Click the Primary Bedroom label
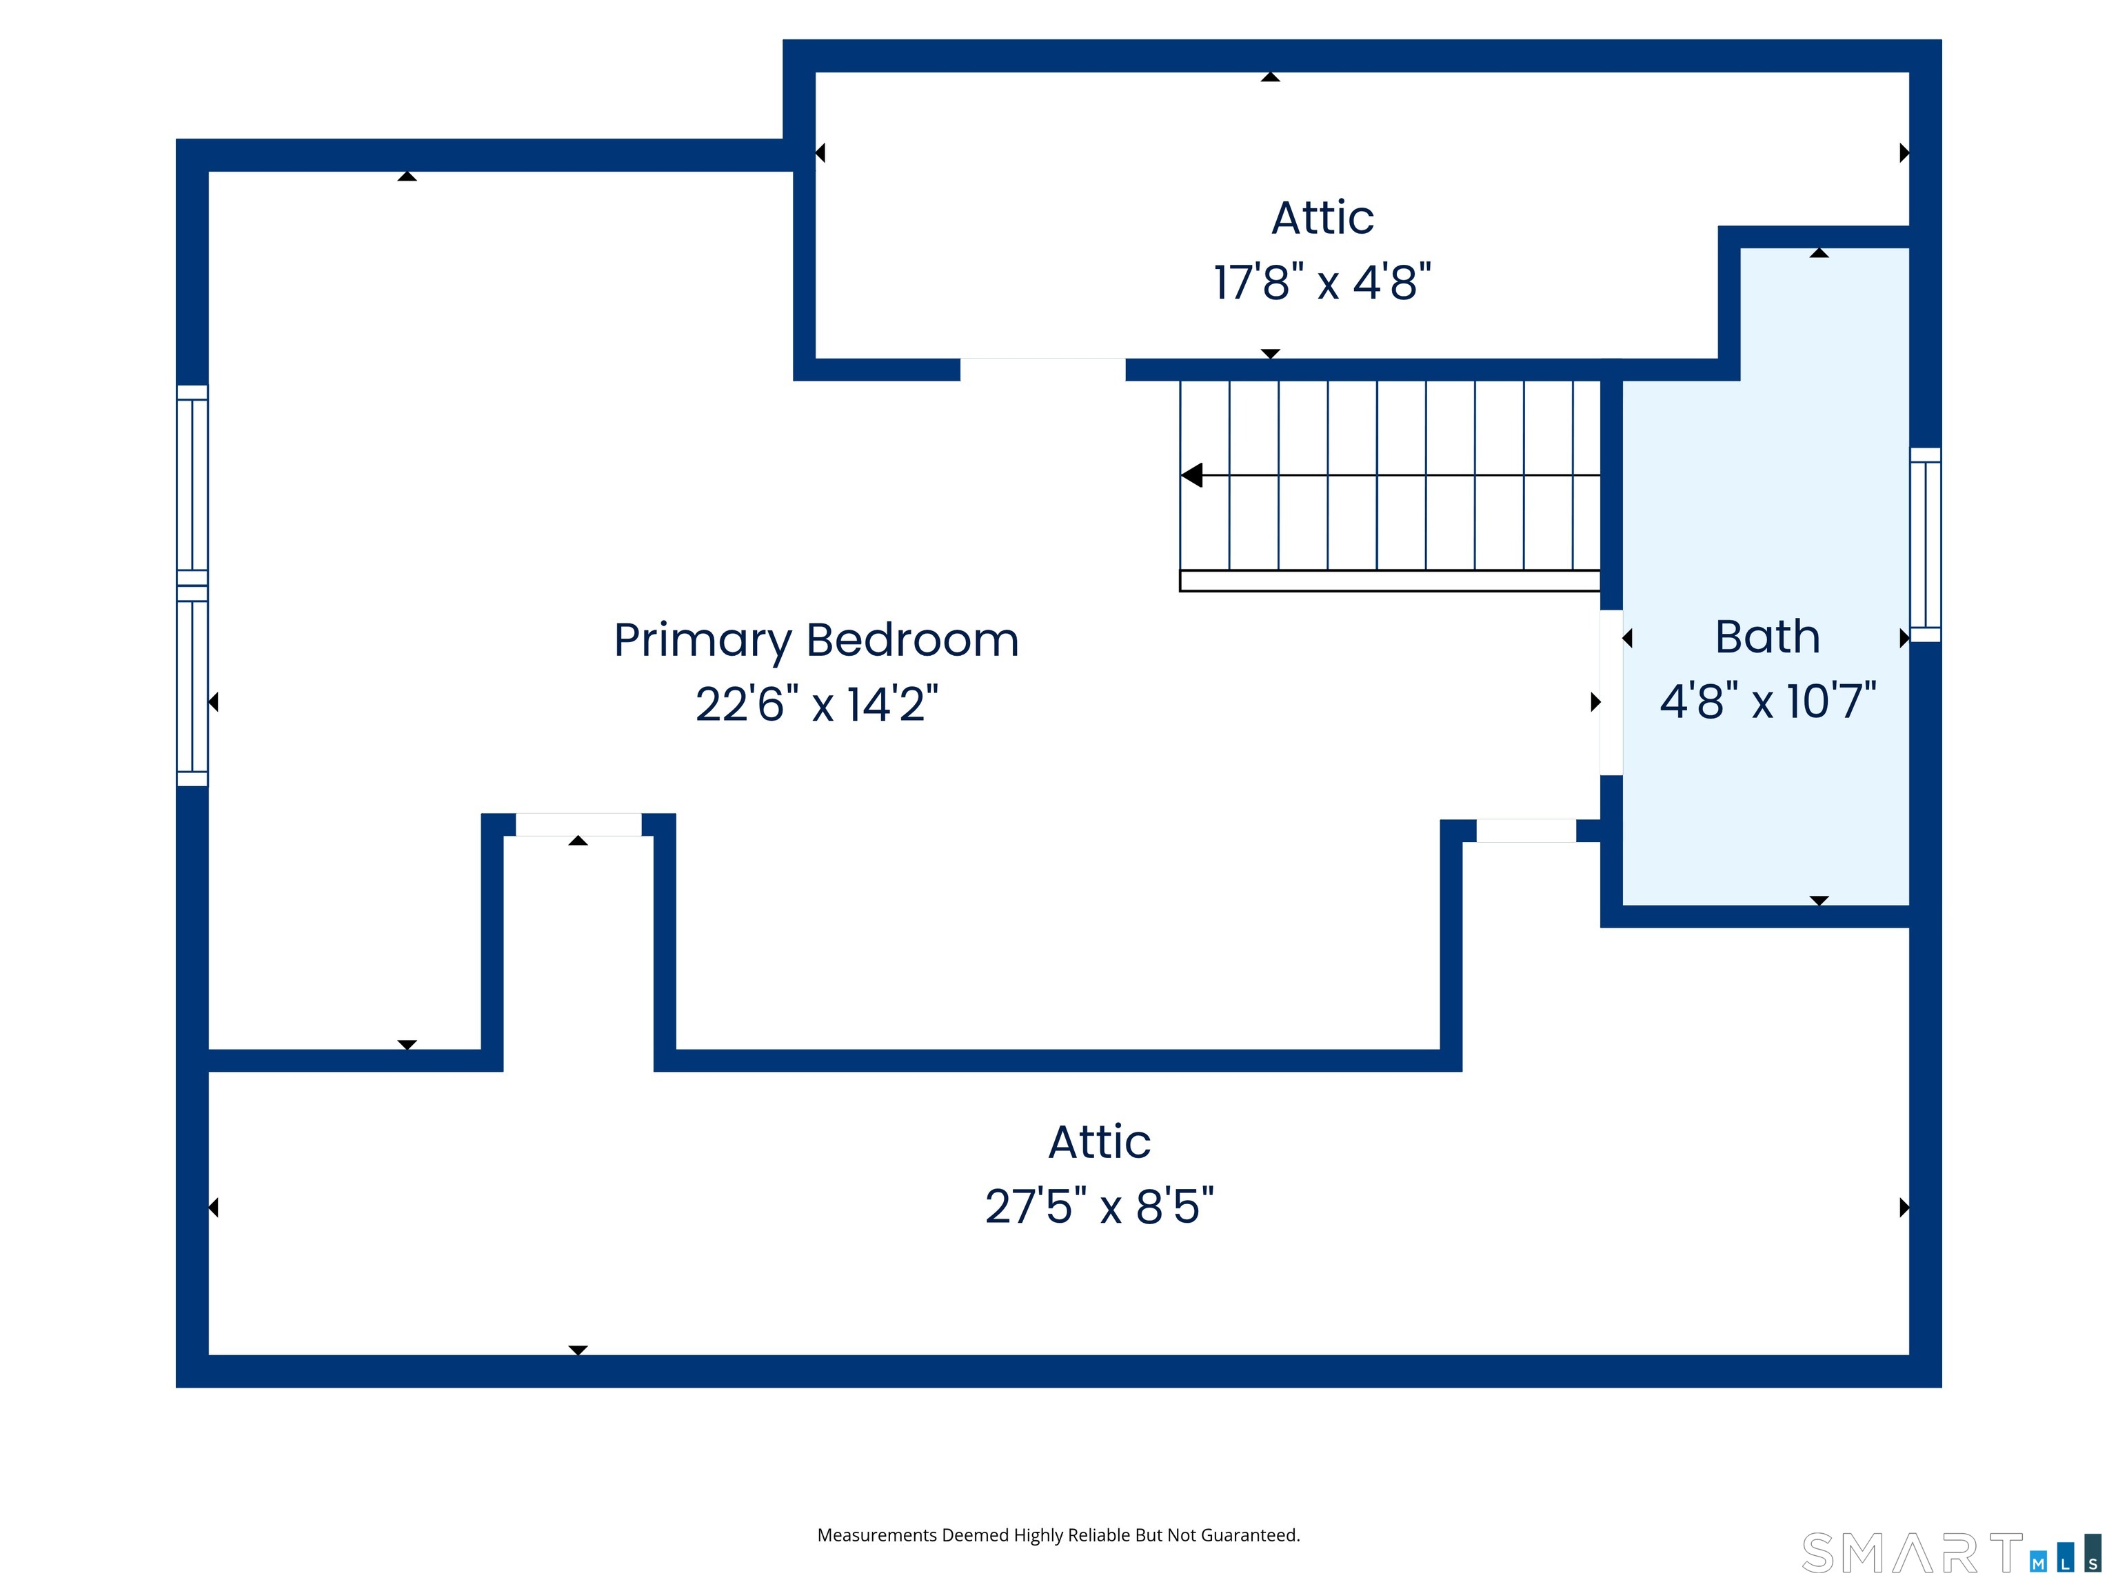[816, 641]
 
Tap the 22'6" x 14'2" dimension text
[816, 704]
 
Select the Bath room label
[1766, 637]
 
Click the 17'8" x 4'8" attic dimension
[1322, 283]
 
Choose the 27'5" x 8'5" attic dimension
[1099, 1206]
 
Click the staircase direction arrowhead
[1191, 475]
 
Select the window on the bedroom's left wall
[192, 586]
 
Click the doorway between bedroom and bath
[1611, 692]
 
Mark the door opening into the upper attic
[1042, 370]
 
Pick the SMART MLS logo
[1950, 1552]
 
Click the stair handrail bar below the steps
[1389, 581]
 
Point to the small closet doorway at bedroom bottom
[578, 825]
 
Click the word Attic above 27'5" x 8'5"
[1099, 1141]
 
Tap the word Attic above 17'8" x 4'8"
[1322, 219]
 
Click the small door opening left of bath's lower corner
[1526, 830]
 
